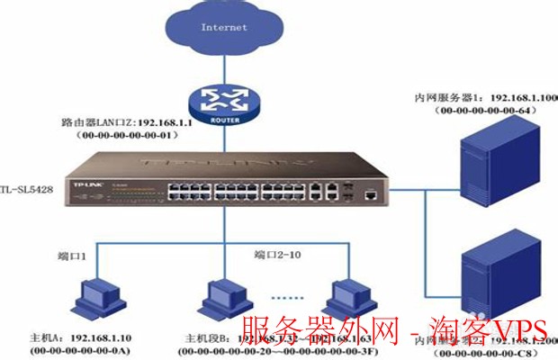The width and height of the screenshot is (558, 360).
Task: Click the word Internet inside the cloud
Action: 224,27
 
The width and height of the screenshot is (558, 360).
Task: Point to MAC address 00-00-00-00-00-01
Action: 130,135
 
